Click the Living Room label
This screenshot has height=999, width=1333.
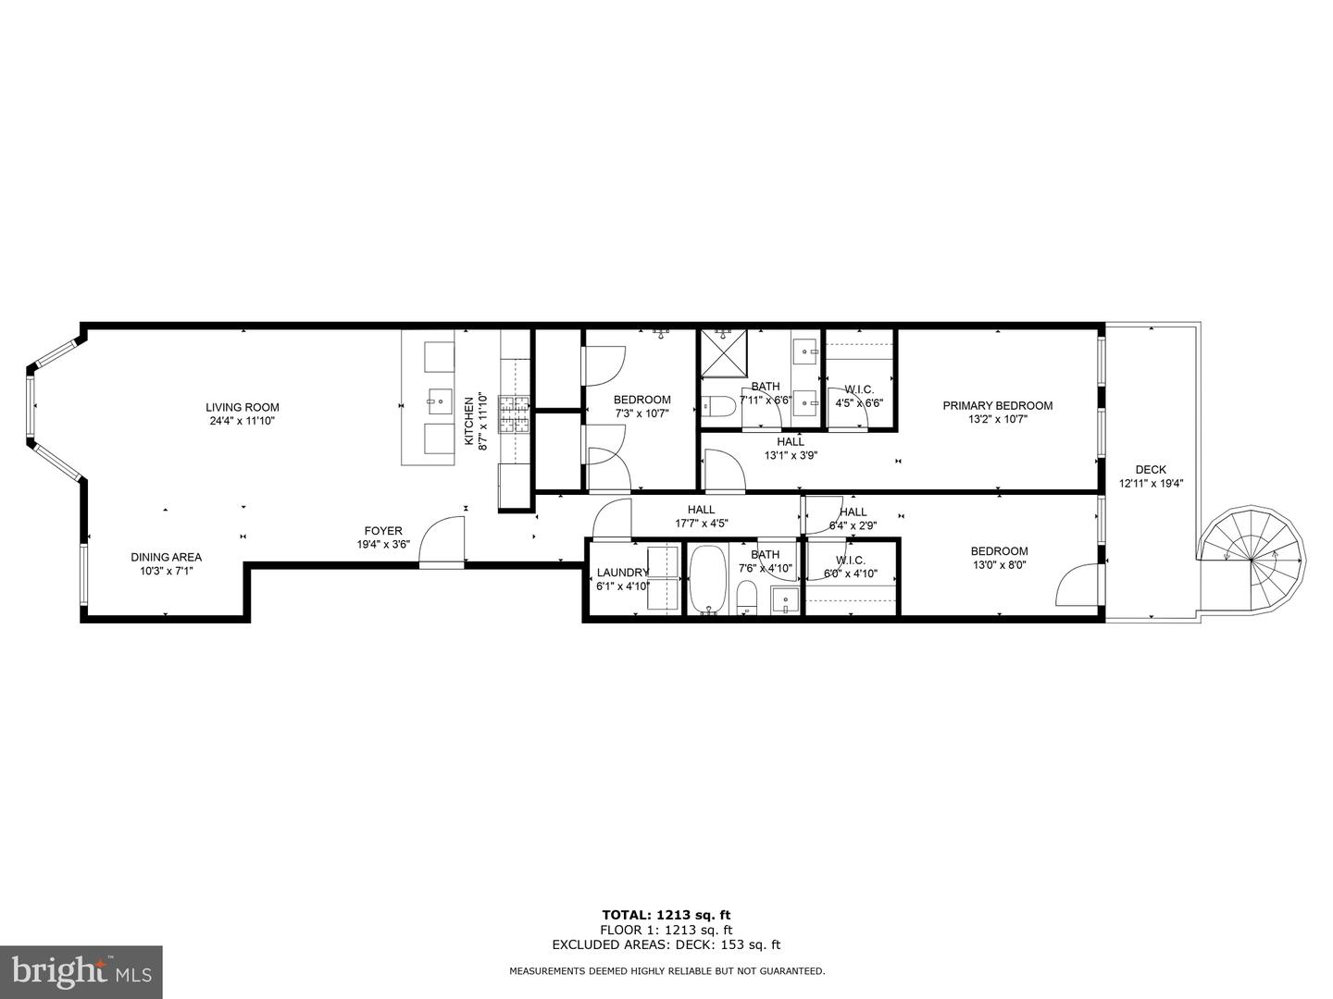pos(242,407)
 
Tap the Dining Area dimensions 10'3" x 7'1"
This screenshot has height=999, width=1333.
pos(166,571)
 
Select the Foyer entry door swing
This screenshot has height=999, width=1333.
pos(442,543)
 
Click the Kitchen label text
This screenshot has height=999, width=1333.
pos(469,424)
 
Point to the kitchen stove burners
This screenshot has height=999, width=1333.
pos(516,414)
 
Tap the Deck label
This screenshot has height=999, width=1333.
pos(1151,469)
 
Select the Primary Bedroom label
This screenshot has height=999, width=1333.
pos(997,405)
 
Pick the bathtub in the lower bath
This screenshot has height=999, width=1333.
pos(709,580)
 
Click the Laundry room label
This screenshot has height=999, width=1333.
pos(622,572)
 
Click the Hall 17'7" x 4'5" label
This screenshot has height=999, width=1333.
pos(701,510)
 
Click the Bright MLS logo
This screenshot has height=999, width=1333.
pos(81,971)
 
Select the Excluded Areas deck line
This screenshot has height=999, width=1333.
pos(666,944)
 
